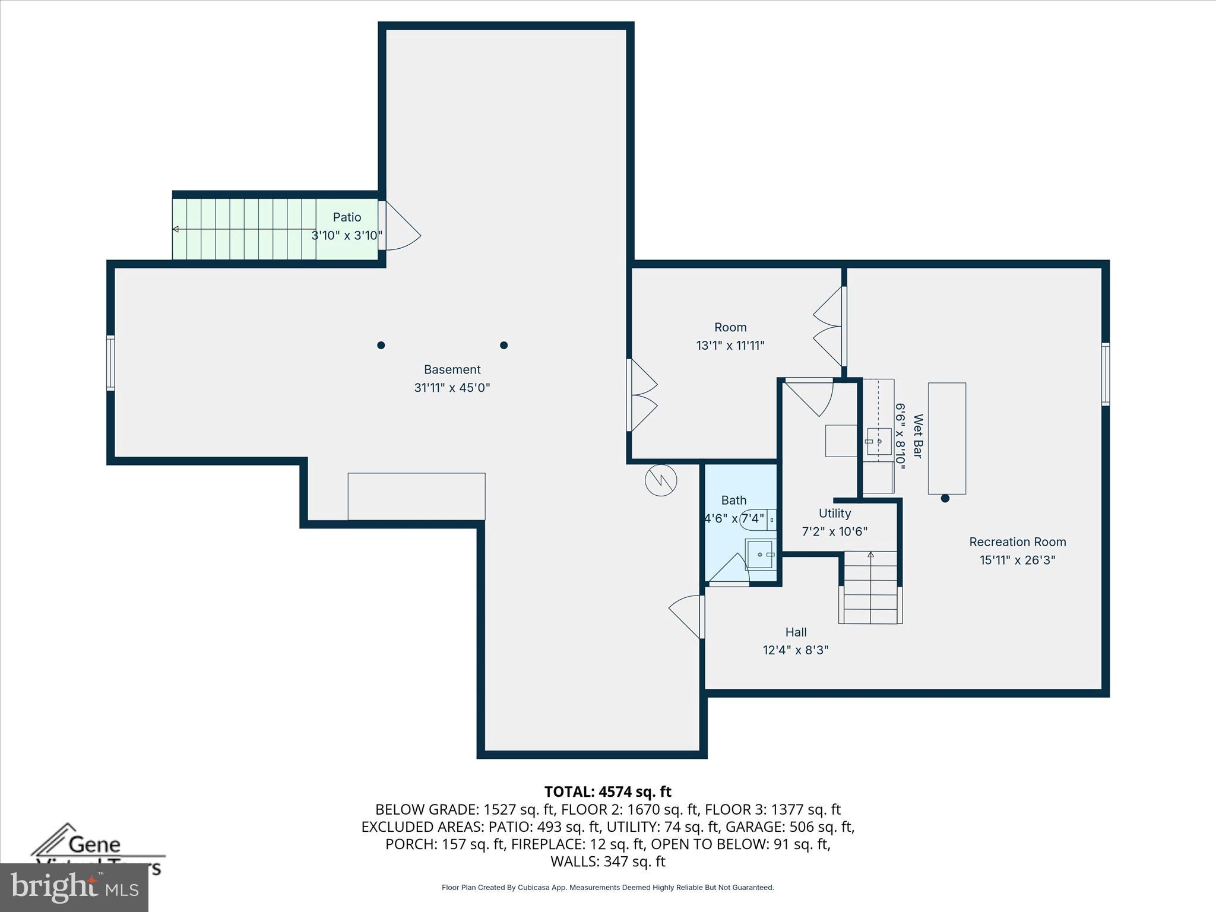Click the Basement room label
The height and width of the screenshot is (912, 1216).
(452, 369)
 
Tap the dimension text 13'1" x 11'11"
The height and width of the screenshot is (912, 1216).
(730, 345)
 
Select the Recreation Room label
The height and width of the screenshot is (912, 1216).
(1017, 541)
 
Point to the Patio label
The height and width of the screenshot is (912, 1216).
(347, 217)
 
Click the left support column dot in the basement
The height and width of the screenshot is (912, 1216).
(381, 345)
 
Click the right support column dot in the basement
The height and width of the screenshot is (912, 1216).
(503, 345)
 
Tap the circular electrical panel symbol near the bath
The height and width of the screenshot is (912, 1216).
(661, 480)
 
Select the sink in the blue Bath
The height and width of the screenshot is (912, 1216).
(761, 555)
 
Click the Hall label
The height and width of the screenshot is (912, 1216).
(796, 632)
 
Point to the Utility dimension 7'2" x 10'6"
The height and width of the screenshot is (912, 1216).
(834, 531)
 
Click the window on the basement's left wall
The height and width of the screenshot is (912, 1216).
(110, 363)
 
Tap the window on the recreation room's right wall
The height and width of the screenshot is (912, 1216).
(1105, 374)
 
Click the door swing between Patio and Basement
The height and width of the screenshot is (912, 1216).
(402, 227)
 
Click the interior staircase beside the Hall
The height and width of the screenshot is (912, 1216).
(870, 587)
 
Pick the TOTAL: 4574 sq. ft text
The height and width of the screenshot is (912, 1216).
(607, 791)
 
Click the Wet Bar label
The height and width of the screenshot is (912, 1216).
(918, 436)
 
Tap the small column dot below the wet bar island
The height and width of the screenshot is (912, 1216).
(945, 498)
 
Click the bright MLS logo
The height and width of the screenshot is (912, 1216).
(74, 887)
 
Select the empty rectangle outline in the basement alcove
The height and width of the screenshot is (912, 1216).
(416, 496)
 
